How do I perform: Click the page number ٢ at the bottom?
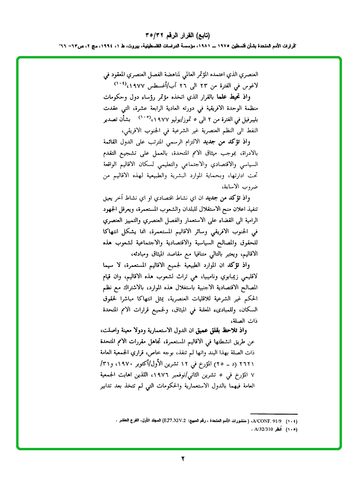point(182,459)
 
